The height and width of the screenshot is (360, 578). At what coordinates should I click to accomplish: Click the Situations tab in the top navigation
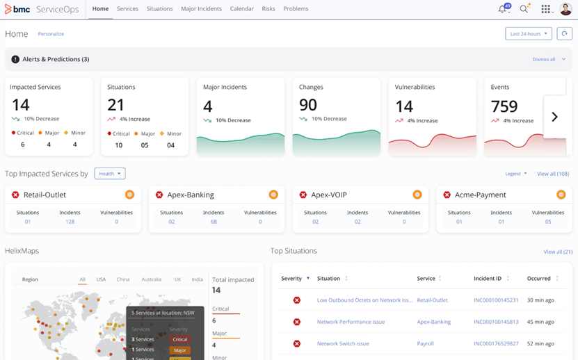pyautogui.click(x=159, y=9)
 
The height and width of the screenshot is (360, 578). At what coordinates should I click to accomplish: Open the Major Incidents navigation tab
pyautogui.click(x=201, y=9)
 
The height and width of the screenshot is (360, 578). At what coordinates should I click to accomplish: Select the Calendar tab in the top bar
pyautogui.click(x=241, y=9)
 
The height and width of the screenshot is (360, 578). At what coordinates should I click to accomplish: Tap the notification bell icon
pyautogui.click(x=503, y=9)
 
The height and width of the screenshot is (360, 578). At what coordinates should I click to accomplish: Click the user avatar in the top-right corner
pyautogui.click(x=565, y=9)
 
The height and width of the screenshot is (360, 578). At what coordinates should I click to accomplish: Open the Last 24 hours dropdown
pyautogui.click(x=528, y=33)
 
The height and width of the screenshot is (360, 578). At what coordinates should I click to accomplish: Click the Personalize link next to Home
pyautogui.click(x=51, y=33)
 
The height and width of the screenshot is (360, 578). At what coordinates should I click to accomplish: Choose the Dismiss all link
pyautogui.click(x=544, y=60)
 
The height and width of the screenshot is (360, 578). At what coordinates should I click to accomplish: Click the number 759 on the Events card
pyautogui.click(x=504, y=106)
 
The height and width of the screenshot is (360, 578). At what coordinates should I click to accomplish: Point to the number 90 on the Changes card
pyautogui.click(x=307, y=104)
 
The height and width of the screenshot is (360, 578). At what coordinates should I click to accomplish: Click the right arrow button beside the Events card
pyautogui.click(x=554, y=117)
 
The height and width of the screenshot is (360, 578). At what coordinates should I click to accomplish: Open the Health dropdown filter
pyautogui.click(x=110, y=174)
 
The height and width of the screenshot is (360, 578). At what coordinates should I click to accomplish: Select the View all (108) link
pyautogui.click(x=553, y=174)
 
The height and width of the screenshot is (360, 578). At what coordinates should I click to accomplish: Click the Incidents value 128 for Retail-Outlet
pyautogui.click(x=70, y=222)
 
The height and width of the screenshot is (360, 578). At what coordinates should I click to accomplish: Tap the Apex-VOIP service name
pyautogui.click(x=329, y=195)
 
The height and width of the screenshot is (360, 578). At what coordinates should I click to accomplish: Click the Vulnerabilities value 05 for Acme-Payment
pyautogui.click(x=548, y=222)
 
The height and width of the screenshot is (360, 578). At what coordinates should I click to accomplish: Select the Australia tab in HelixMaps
pyautogui.click(x=151, y=279)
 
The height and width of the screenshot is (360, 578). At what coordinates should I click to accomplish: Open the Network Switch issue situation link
pyautogui.click(x=343, y=343)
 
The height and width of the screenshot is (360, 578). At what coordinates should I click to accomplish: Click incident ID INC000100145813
pyautogui.click(x=496, y=322)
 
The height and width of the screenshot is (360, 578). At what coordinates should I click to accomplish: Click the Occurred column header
pyautogui.click(x=539, y=279)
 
